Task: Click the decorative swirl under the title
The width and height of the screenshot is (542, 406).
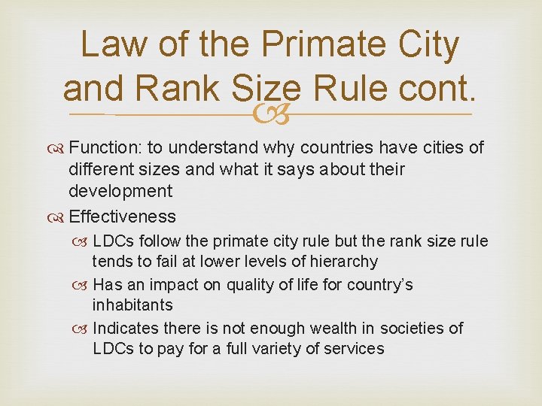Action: pos(270,114)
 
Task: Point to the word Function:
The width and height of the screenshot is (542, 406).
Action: pos(102,147)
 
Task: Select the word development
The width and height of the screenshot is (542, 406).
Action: pos(120,191)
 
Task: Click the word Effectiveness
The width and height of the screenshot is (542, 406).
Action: pos(122,217)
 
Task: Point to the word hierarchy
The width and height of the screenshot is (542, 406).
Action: pos(343,262)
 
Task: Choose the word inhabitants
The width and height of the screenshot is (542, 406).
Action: pos(132,305)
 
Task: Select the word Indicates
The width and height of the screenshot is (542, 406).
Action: pos(126,329)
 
